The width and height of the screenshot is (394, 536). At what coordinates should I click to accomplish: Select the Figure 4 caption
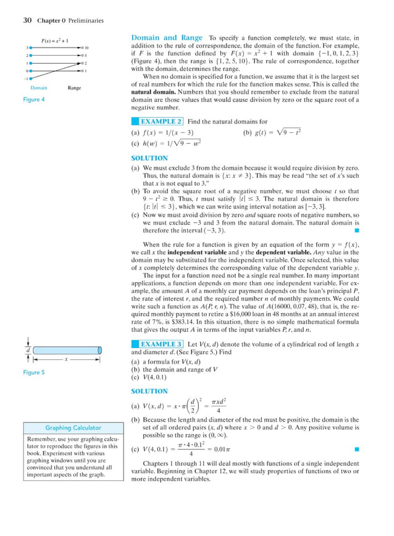pos(33,99)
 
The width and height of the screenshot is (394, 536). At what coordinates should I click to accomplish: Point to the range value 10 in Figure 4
pos(88,48)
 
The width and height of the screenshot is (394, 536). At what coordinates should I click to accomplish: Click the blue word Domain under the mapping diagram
pos(40,88)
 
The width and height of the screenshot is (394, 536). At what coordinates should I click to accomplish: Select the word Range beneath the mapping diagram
pos(75,88)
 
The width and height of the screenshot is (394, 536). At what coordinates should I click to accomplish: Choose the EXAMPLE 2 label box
pos(161,122)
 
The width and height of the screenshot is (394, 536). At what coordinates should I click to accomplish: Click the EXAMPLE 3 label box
pos(161,343)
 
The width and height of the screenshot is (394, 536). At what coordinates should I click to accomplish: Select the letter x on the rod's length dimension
pos(65,358)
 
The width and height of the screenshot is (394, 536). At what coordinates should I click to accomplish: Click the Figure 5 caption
pos(33,372)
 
